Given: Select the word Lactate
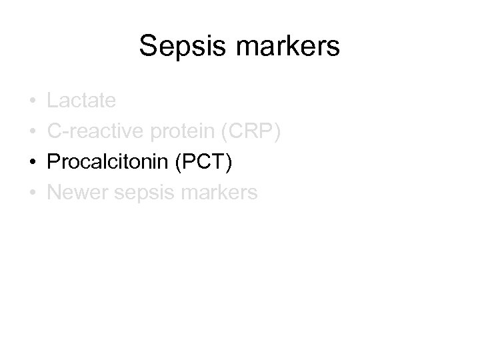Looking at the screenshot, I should point(81,101).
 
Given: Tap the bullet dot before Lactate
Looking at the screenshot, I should point(33,102).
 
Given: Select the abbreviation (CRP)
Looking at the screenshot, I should point(250,132).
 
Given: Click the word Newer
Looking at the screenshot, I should point(74,193).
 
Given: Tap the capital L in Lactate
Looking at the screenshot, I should point(52,101).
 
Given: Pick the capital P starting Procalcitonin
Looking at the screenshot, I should point(53,163).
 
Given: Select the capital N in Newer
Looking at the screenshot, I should point(53,193).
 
